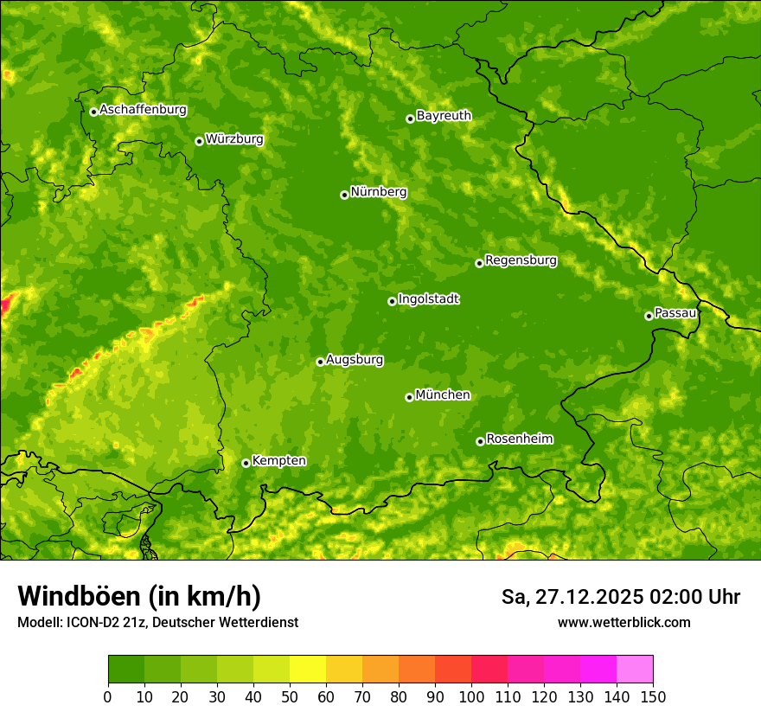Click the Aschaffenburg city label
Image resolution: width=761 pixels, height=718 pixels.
point(143,110)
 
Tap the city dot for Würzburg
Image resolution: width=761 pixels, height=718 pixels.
point(199,141)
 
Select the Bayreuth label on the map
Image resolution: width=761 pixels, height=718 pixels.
point(444,116)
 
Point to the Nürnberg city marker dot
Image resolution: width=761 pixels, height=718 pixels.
point(344,195)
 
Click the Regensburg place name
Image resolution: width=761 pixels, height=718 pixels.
point(521,260)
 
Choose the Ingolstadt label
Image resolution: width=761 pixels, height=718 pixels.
point(428,299)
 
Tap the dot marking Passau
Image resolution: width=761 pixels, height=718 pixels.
point(649,316)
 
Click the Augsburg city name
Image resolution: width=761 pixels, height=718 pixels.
point(355,360)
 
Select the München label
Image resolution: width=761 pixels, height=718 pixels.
point(443,395)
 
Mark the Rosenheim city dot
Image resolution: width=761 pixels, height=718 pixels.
point(480,441)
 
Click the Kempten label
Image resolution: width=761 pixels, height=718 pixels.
point(278,461)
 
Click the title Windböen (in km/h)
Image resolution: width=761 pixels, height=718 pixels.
point(139,596)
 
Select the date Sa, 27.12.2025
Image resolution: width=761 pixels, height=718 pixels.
point(571,597)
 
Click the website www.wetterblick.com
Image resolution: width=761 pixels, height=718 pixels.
point(624,623)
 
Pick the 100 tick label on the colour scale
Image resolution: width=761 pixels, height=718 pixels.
point(471,696)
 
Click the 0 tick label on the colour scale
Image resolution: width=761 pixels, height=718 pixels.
point(108,696)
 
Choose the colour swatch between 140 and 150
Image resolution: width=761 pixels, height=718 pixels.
point(635,670)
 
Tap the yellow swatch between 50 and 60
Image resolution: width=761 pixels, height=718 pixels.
point(308,670)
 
